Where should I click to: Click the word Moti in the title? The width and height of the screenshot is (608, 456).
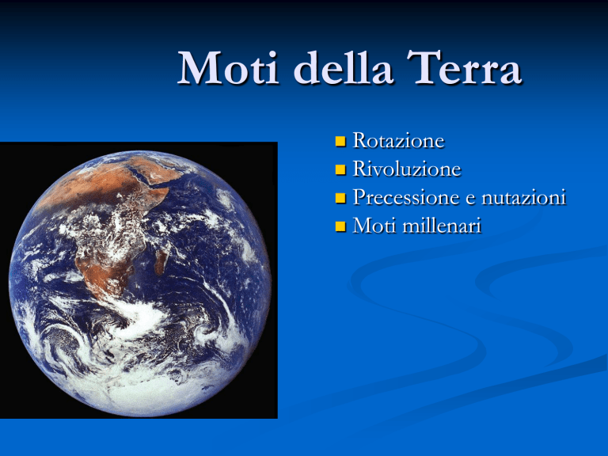[228, 68]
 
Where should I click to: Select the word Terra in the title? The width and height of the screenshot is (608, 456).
[464, 67]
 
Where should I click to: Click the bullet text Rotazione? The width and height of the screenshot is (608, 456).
[398, 140]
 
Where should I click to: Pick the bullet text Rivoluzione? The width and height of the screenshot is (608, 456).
[407, 169]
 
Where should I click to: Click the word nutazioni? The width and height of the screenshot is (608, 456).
[523, 197]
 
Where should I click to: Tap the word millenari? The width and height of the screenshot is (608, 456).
[442, 226]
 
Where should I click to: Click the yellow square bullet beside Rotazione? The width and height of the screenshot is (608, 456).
[340, 141]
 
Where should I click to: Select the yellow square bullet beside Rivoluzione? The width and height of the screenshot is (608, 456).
[340, 169]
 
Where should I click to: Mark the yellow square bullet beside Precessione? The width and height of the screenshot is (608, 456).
[340, 198]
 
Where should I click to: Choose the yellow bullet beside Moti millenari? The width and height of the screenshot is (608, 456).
[340, 226]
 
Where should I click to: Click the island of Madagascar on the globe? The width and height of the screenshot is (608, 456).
[160, 262]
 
